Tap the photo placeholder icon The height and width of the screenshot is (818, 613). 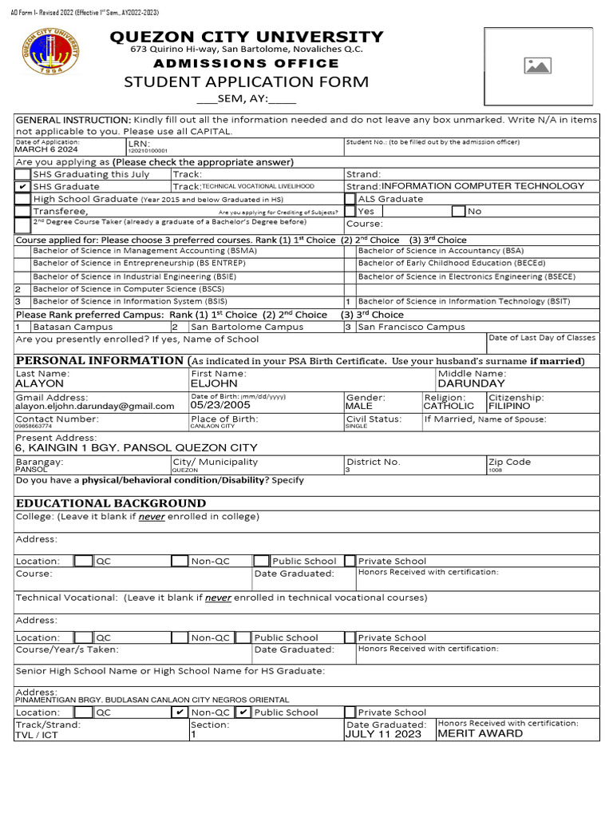(x=537, y=66)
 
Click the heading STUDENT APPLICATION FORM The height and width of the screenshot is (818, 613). (x=246, y=82)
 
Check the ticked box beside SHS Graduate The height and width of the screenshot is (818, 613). (x=23, y=186)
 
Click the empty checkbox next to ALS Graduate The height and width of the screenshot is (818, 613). (x=350, y=199)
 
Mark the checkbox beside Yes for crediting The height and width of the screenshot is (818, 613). (x=350, y=212)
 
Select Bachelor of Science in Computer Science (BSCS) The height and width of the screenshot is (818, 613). (x=129, y=289)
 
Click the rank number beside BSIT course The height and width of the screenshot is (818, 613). (x=348, y=302)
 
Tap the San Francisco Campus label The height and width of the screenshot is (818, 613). (x=410, y=327)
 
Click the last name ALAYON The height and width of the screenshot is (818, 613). (x=40, y=383)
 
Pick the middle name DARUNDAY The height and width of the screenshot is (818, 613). (x=472, y=383)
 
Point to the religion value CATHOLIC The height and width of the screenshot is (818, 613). (x=449, y=406)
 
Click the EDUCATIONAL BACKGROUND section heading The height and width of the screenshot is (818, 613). (x=111, y=503)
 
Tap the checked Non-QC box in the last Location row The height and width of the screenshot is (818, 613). (x=180, y=712)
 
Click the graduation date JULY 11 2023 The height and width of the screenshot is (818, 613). (x=383, y=734)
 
